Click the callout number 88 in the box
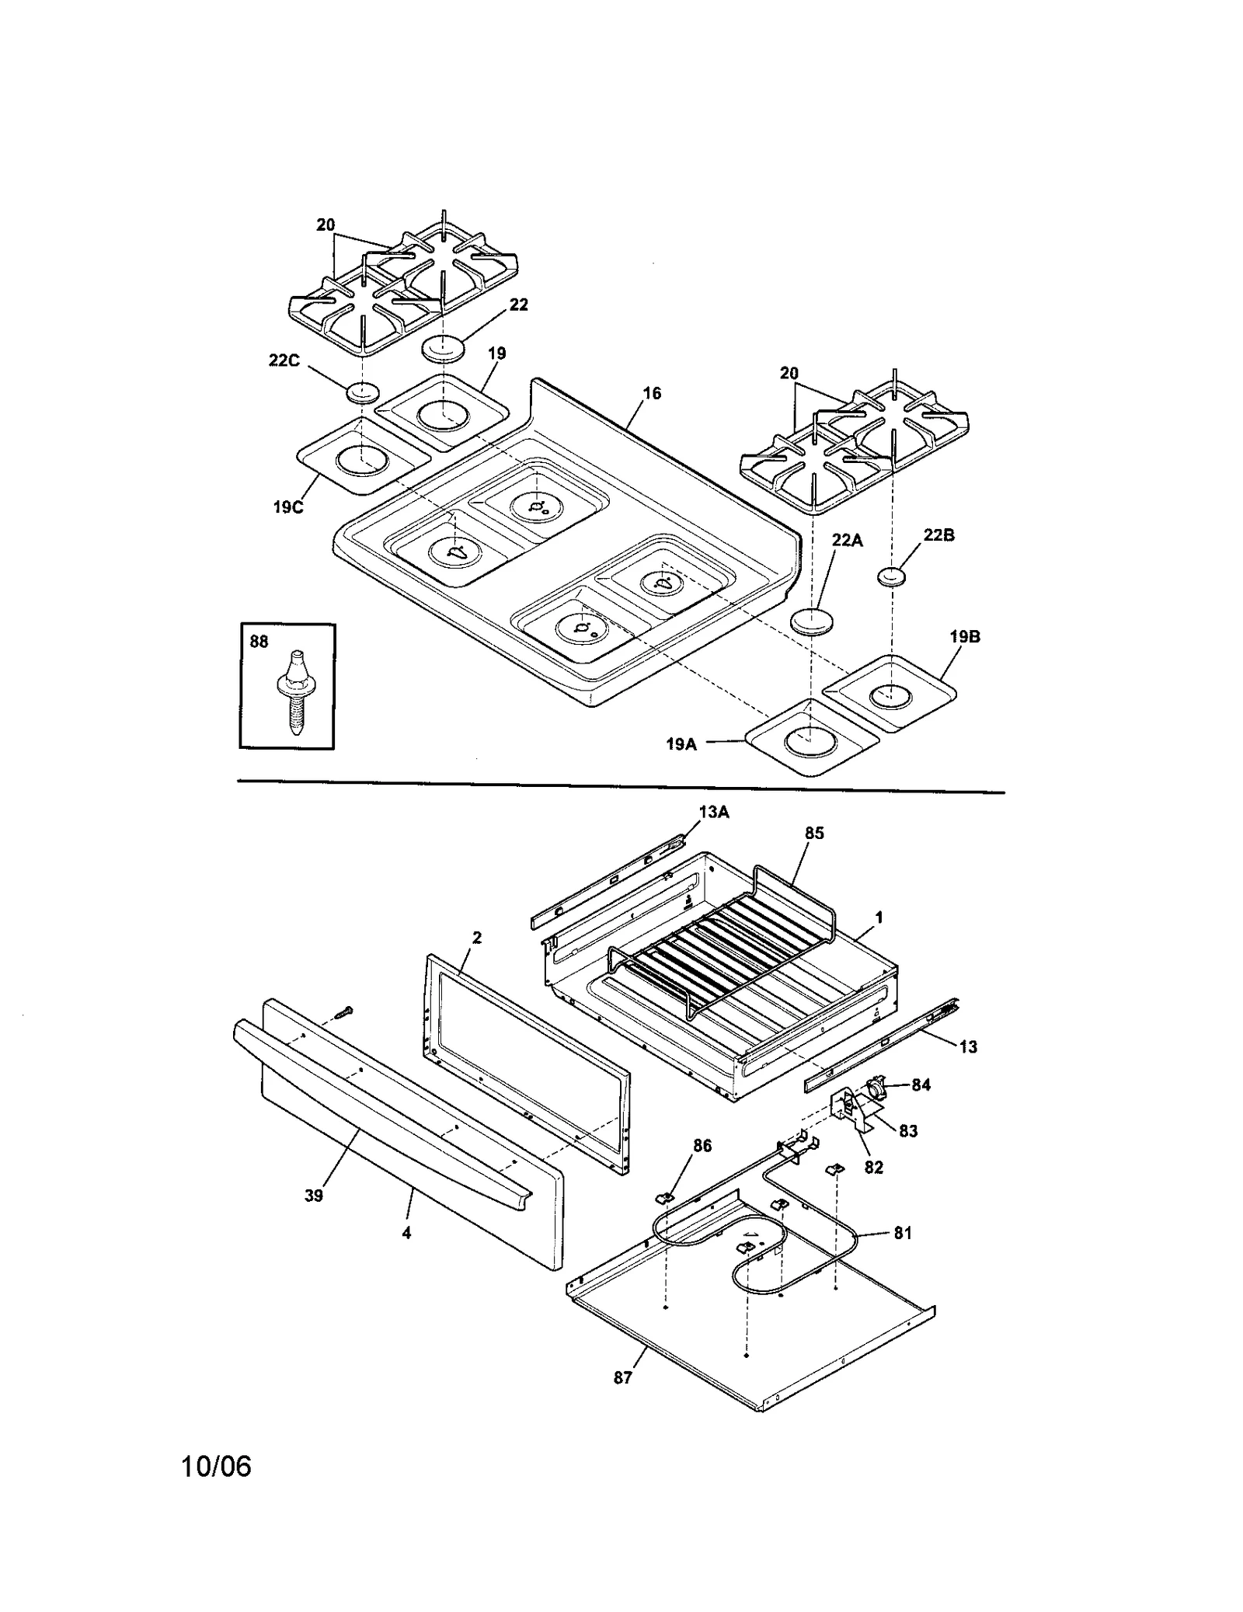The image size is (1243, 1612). [259, 642]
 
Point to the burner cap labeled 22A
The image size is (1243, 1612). [812, 621]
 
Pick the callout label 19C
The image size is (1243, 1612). [287, 507]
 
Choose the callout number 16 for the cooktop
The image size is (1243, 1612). [652, 394]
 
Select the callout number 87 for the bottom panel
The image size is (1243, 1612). [622, 1377]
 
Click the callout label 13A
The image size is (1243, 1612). [713, 813]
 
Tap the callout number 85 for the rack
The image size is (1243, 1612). [814, 834]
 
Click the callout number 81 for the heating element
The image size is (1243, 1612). [902, 1233]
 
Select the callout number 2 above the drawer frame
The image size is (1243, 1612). [476, 938]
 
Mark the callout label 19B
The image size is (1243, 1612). [964, 637]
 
